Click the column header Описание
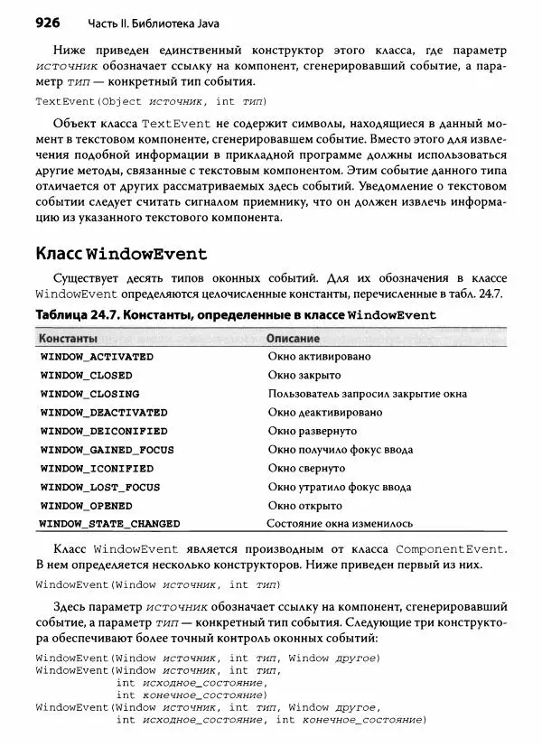pos(294,338)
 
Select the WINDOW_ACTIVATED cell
pos(97,357)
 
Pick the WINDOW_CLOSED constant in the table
pos(86,376)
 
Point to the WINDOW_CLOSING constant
pos(89,394)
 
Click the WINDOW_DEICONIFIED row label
pos(104,432)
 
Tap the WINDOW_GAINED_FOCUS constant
pos(107,450)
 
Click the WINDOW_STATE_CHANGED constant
pos(110,524)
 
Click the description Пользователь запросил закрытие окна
pos(367,394)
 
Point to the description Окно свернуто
pos(306,469)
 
